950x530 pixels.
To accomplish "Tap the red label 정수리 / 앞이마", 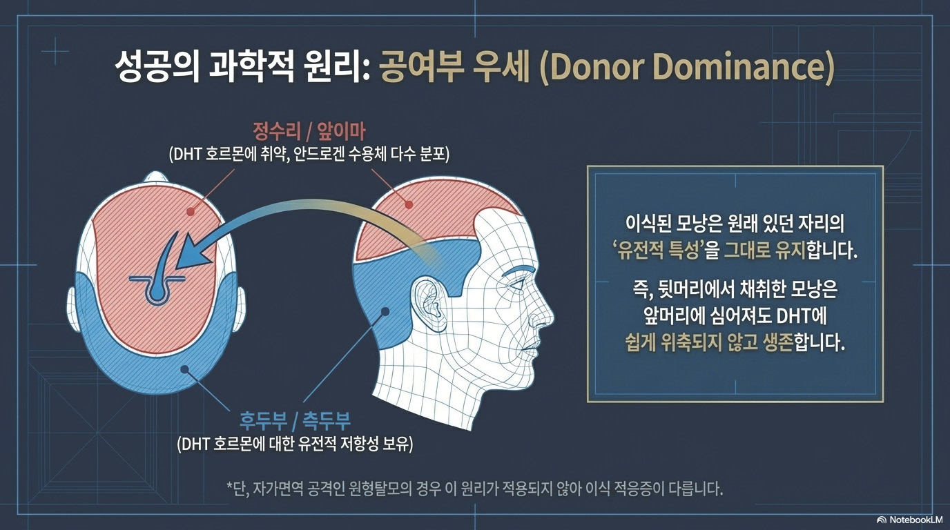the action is pyautogui.click(x=309, y=132).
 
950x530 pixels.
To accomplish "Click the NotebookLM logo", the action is pyautogui.click(x=912, y=520).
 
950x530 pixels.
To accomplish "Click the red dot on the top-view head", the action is pyautogui.click(x=191, y=210).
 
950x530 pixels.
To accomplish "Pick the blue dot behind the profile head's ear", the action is pyautogui.click(x=385, y=312).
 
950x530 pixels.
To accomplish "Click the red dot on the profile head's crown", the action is pyautogui.click(x=409, y=205).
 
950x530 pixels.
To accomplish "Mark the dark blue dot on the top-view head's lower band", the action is pyautogui.click(x=184, y=369).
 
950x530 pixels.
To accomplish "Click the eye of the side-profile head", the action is pyautogui.click(x=520, y=288).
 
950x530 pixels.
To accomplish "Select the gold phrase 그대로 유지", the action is pyautogui.click(x=759, y=251).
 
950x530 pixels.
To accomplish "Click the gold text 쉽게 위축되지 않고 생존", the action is pyautogui.click(x=709, y=342).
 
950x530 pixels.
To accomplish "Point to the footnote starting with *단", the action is pyautogui.click(x=474, y=489).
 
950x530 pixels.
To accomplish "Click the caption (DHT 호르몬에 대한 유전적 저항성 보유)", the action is pyautogui.click(x=295, y=444).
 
